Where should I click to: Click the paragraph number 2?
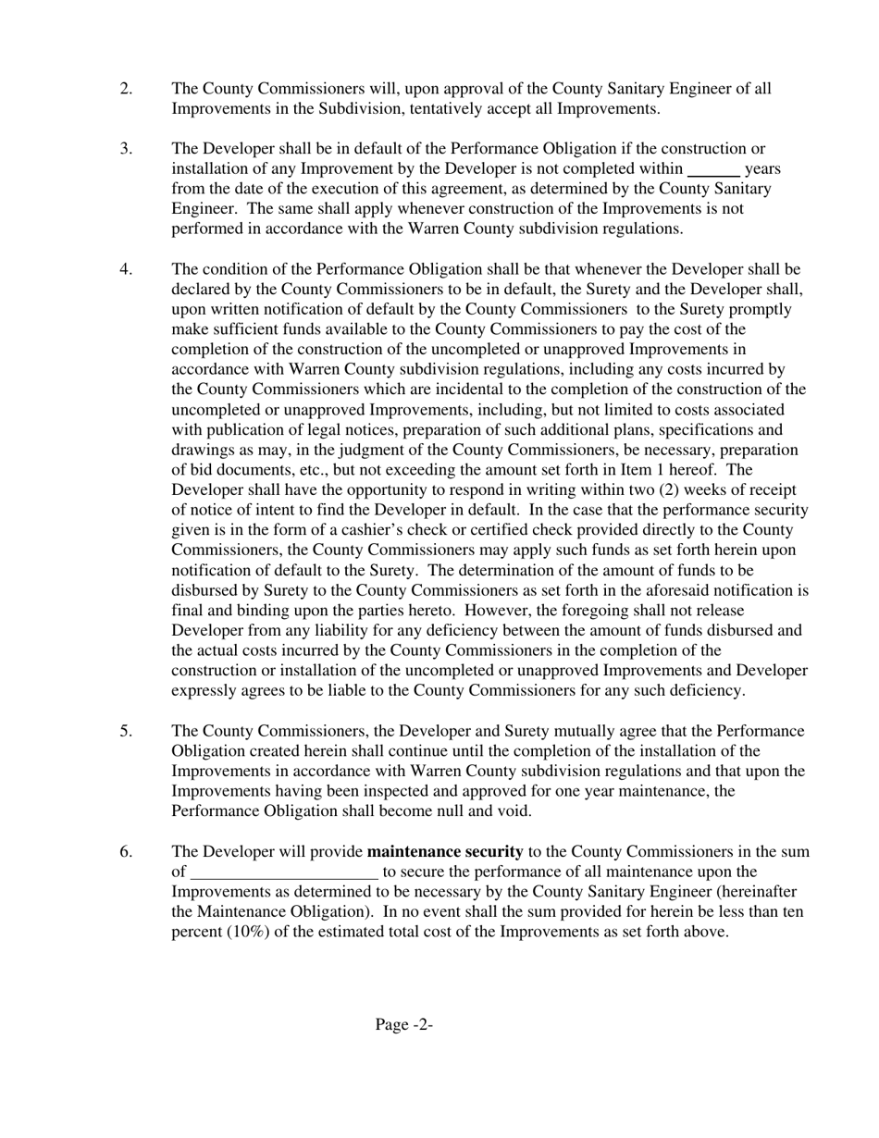[126, 89]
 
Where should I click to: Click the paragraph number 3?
[126, 148]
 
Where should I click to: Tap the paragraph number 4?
[126, 269]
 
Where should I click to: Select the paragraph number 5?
[126, 731]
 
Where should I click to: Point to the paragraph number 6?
[126, 851]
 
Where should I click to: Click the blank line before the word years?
[713, 170]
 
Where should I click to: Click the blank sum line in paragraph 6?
[283, 872]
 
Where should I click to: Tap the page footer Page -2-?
[404, 1024]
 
